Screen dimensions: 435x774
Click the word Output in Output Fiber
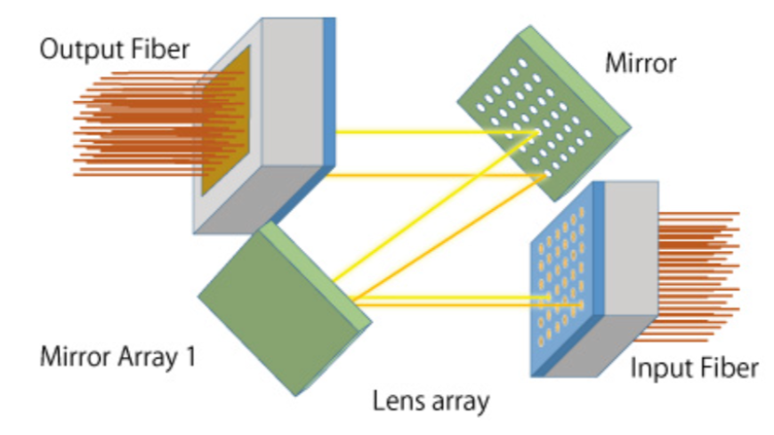[78, 49]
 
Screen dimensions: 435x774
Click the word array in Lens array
[459, 403]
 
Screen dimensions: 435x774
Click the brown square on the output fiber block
[223, 125]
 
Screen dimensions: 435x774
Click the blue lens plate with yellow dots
[560, 281]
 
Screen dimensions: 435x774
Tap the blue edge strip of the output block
[330, 98]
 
